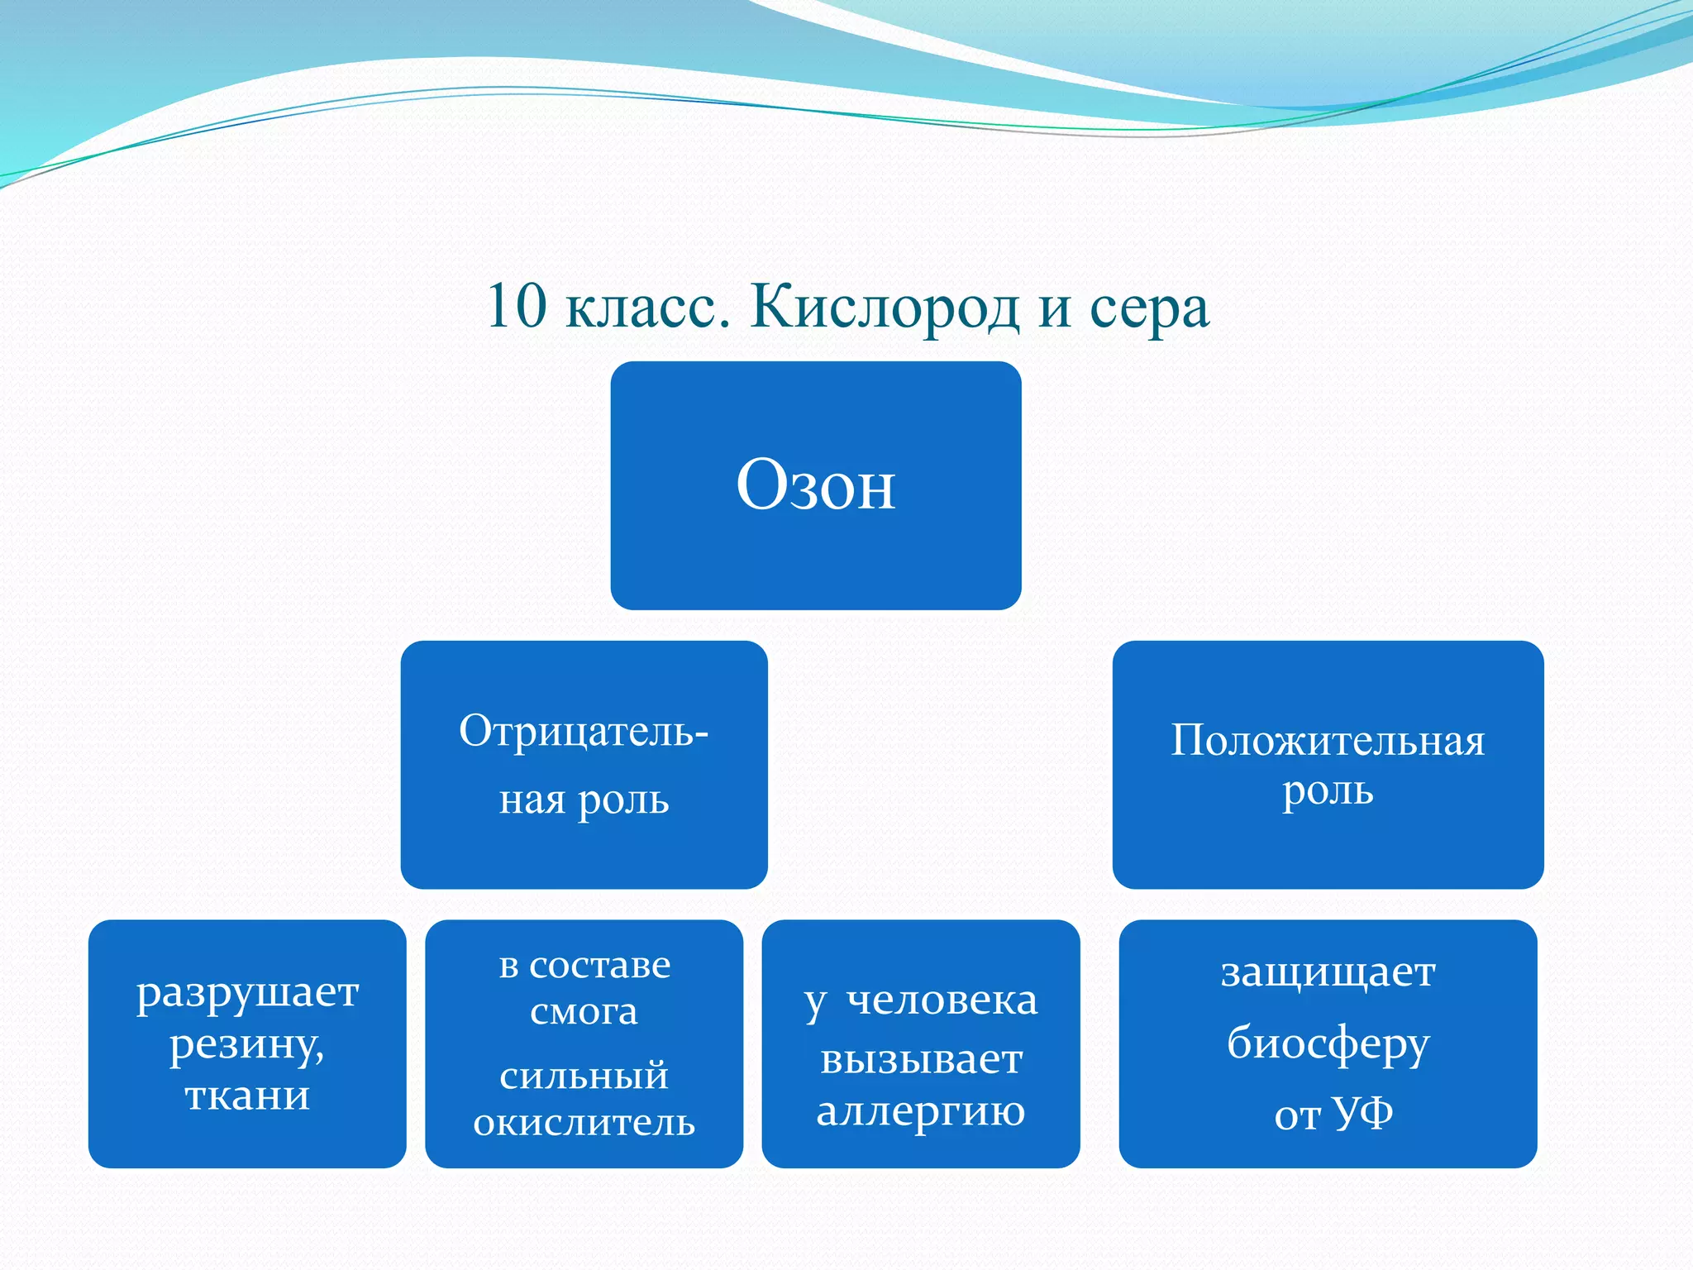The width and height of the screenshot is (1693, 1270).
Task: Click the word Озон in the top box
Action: point(815,486)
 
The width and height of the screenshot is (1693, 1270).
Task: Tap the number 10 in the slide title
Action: point(517,307)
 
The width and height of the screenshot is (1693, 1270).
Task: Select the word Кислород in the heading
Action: point(885,308)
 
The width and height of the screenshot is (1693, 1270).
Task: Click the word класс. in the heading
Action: point(648,308)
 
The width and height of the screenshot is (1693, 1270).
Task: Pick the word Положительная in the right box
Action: point(1328,741)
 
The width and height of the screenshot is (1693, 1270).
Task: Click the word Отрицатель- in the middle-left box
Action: point(584,731)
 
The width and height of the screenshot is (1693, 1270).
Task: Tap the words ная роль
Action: point(584,800)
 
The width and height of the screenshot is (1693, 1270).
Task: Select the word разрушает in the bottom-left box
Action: point(247,993)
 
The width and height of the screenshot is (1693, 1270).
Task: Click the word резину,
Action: point(247,1046)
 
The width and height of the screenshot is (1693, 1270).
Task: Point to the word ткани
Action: point(247,1096)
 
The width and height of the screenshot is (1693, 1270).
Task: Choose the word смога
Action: point(584,1012)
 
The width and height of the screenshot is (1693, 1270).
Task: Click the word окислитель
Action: point(584,1123)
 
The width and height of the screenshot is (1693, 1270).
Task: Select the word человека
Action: point(942,1000)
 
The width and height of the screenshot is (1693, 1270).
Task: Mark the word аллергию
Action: point(921,1112)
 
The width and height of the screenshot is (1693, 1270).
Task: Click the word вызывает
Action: point(921,1060)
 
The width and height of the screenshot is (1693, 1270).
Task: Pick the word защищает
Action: point(1328,972)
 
